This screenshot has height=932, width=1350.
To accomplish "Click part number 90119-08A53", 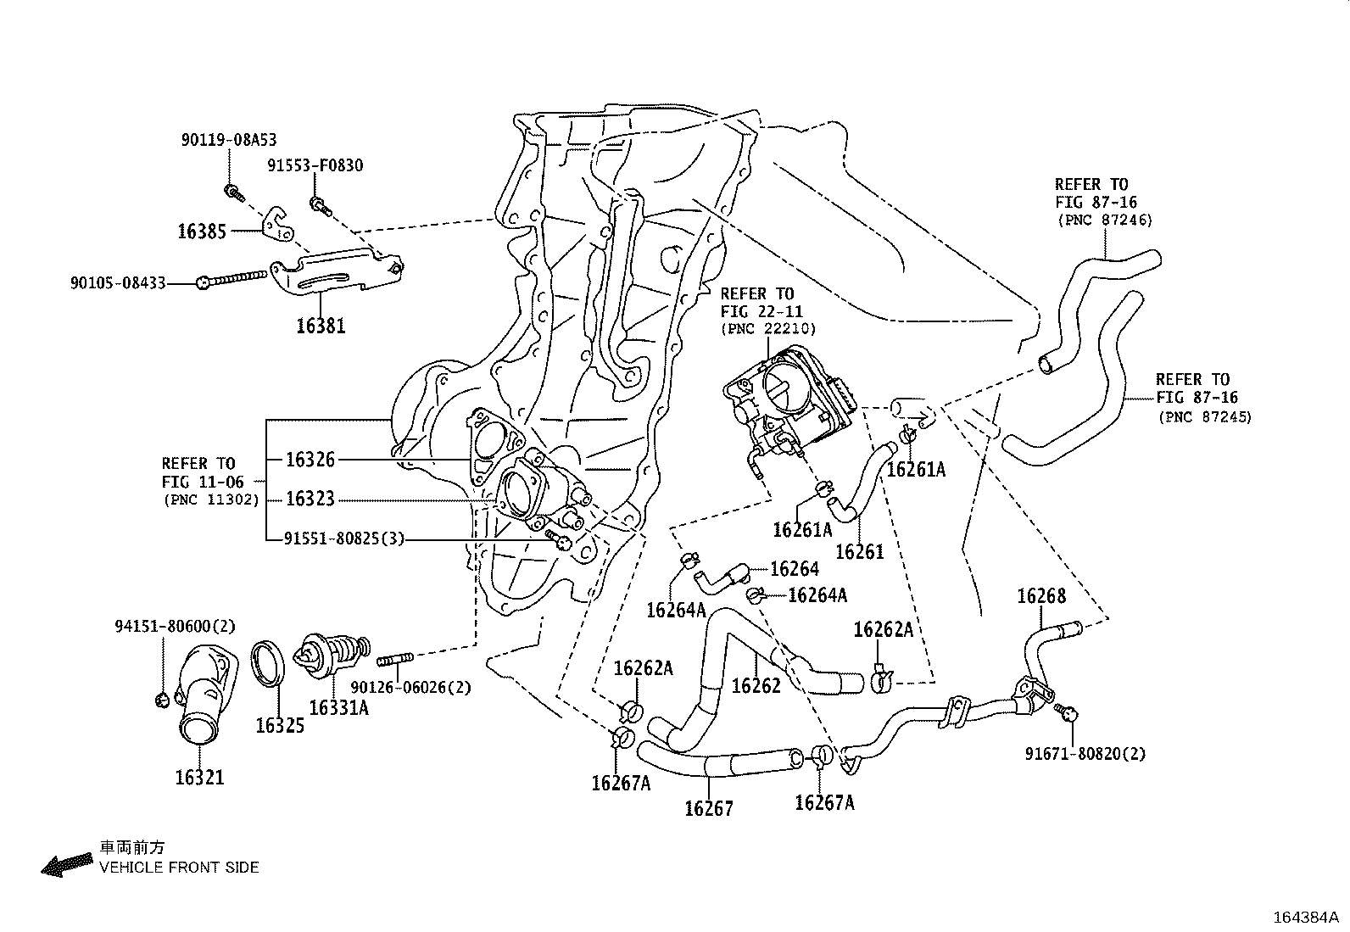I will pyautogui.click(x=229, y=140).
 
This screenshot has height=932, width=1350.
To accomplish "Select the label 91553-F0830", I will pyautogui.click(x=315, y=165).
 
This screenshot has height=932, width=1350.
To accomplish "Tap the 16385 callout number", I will pyautogui.click(x=202, y=231).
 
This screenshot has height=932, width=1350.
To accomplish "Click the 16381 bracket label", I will pyautogui.click(x=321, y=326).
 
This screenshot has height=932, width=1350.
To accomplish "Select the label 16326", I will pyautogui.click(x=310, y=460).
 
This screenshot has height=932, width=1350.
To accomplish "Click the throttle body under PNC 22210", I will pyautogui.click(x=789, y=399).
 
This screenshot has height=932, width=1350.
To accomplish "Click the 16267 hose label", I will pyautogui.click(x=709, y=808).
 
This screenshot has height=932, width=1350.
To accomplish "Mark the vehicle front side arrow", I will pyautogui.click(x=66, y=864).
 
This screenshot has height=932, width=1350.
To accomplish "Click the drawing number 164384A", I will pyautogui.click(x=1305, y=917).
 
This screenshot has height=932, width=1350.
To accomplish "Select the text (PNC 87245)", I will pyautogui.click(x=1205, y=416).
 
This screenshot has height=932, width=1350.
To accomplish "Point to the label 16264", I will pyautogui.click(x=795, y=568).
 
